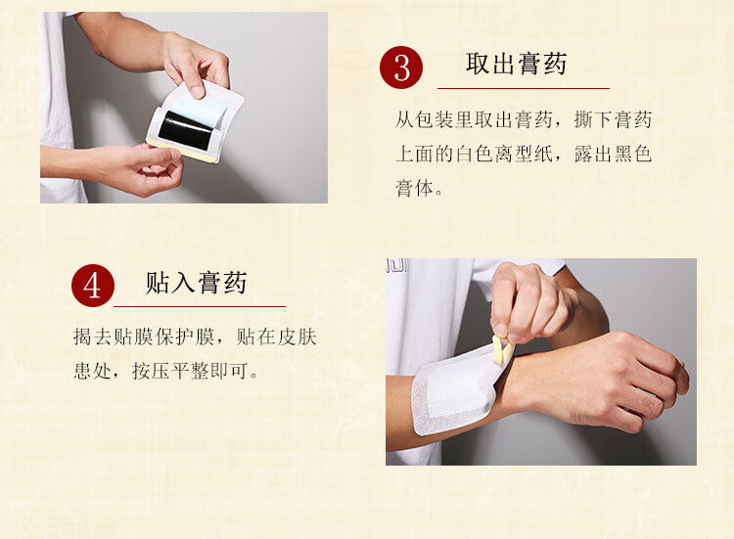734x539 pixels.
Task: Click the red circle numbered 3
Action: point(401,67)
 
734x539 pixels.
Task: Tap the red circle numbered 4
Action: point(93,286)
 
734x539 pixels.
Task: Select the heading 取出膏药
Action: point(516,64)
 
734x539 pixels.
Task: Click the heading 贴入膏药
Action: point(196,283)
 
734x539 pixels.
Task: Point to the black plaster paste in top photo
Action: point(186,130)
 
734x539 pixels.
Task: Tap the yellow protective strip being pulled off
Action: point(502,351)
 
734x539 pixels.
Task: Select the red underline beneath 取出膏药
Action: point(524,88)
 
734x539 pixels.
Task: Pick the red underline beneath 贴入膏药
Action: point(200,306)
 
